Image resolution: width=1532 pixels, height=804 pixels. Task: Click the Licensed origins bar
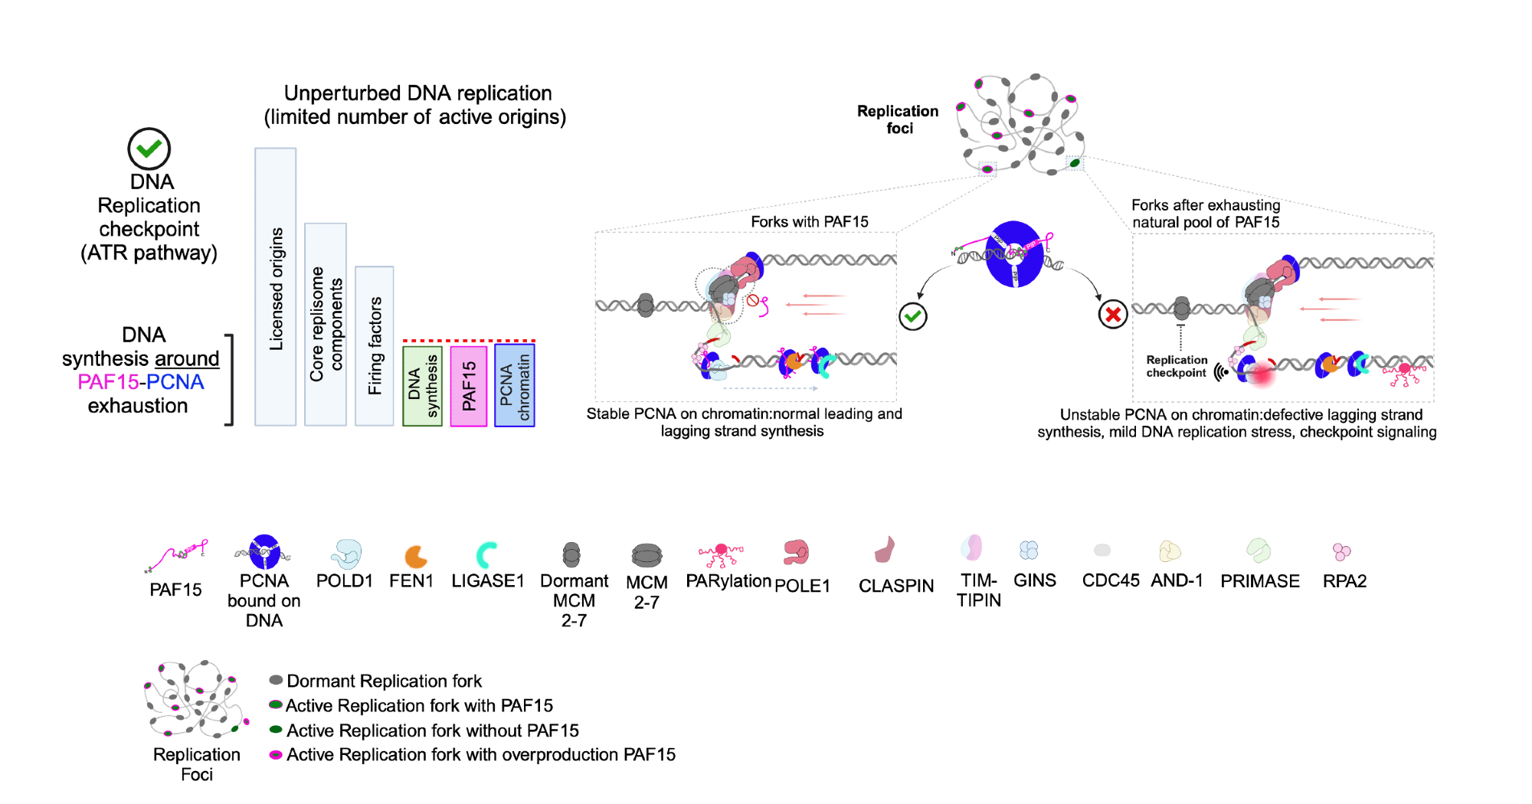(x=276, y=287)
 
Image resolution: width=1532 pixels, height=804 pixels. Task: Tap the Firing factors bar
(x=375, y=345)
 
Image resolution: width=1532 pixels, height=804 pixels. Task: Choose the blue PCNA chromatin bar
(x=515, y=385)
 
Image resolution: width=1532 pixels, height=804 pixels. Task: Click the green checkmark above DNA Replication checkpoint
(x=149, y=149)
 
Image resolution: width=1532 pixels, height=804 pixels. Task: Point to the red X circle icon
(x=1113, y=314)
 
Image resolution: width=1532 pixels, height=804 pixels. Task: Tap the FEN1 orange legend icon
(x=416, y=556)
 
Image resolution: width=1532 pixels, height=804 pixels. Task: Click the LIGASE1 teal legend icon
(x=486, y=555)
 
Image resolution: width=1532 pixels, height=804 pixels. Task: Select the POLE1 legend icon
(x=797, y=551)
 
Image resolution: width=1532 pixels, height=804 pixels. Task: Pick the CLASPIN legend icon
(x=885, y=550)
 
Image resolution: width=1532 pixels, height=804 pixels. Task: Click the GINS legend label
(x=1035, y=580)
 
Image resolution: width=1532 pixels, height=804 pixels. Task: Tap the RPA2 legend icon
(x=1341, y=551)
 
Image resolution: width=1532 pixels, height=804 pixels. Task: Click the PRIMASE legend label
(x=1260, y=581)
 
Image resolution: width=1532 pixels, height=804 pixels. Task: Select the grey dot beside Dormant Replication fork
(x=277, y=680)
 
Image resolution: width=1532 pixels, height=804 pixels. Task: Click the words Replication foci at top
(x=898, y=119)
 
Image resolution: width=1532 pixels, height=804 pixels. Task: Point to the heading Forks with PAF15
(x=810, y=222)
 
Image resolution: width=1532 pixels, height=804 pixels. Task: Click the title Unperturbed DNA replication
(x=417, y=93)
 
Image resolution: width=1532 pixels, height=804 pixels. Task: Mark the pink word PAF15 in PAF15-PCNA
(x=107, y=382)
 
